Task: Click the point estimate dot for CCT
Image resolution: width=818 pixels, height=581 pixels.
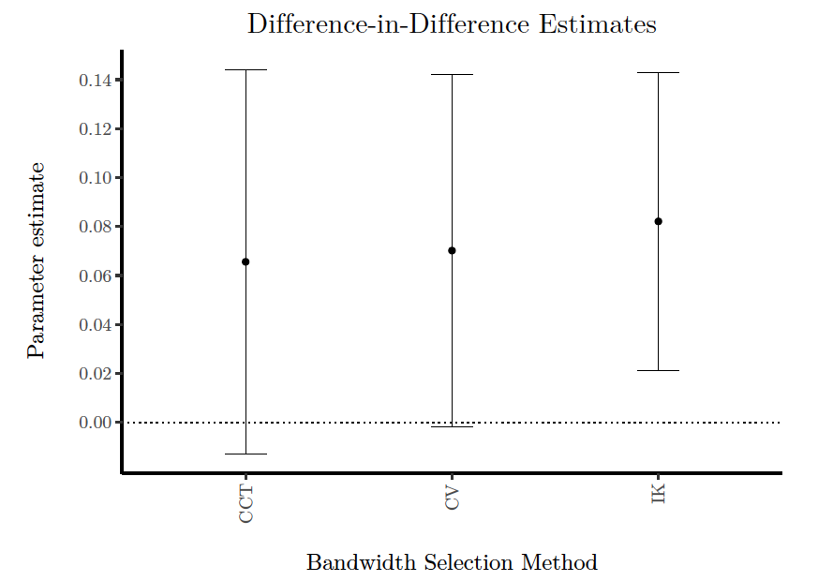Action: pyautogui.click(x=245, y=261)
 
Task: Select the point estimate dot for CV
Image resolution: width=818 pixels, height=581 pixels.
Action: pyautogui.click(x=452, y=250)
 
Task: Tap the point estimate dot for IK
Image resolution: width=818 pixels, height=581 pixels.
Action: pyautogui.click(x=658, y=221)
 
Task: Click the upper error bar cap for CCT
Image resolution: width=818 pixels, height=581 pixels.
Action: pyautogui.click(x=245, y=69)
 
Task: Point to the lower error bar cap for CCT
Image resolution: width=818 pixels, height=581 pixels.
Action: pyautogui.click(x=245, y=454)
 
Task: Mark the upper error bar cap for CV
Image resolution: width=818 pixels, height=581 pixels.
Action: pyautogui.click(x=452, y=74)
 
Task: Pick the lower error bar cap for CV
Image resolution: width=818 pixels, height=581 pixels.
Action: pyautogui.click(x=452, y=426)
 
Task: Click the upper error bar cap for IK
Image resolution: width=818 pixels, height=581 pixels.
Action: pyautogui.click(x=658, y=72)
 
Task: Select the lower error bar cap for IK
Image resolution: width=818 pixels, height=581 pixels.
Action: pyautogui.click(x=658, y=370)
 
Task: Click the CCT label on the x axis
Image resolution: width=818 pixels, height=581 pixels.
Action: pyautogui.click(x=246, y=503)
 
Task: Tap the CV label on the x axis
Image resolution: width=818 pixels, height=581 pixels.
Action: pyautogui.click(x=453, y=499)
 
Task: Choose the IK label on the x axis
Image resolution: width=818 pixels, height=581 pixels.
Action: pyautogui.click(x=659, y=495)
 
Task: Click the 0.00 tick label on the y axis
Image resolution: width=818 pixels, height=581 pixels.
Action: pyautogui.click(x=96, y=423)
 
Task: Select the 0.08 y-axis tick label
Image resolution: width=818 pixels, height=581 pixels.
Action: pyautogui.click(x=96, y=227)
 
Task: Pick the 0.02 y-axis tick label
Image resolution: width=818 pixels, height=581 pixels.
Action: pyautogui.click(x=96, y=374)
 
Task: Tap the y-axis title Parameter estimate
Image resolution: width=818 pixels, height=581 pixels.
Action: pyautogui.click(x=37, y=260)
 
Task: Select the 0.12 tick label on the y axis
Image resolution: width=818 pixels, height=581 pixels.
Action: pyautogui.click(x=96, y=129)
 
